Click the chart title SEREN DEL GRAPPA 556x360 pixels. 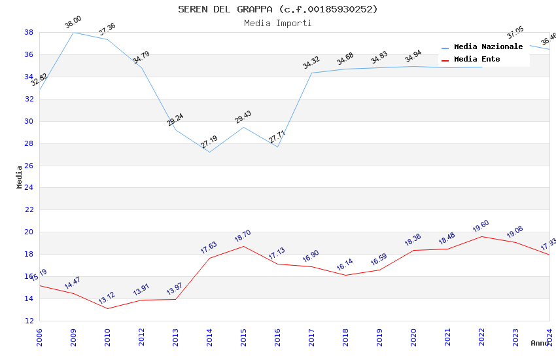(278, 9)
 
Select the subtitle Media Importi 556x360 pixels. (278, 23)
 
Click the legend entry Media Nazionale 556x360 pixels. (488, 47)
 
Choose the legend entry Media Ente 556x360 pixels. (477, 60)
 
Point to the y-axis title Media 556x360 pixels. (20, 177)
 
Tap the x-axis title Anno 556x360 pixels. (540, 343)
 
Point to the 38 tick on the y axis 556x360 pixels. (29, 32)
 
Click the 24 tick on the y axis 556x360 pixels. (29, 188)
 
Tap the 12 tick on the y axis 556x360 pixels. (29, 321)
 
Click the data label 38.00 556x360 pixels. (73, 24)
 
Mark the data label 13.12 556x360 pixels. (107, 298)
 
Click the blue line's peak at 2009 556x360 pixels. (73, 32)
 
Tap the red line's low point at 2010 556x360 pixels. (107, 308)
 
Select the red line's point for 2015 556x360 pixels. (243, 246)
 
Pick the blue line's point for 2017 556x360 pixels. (311, 73)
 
